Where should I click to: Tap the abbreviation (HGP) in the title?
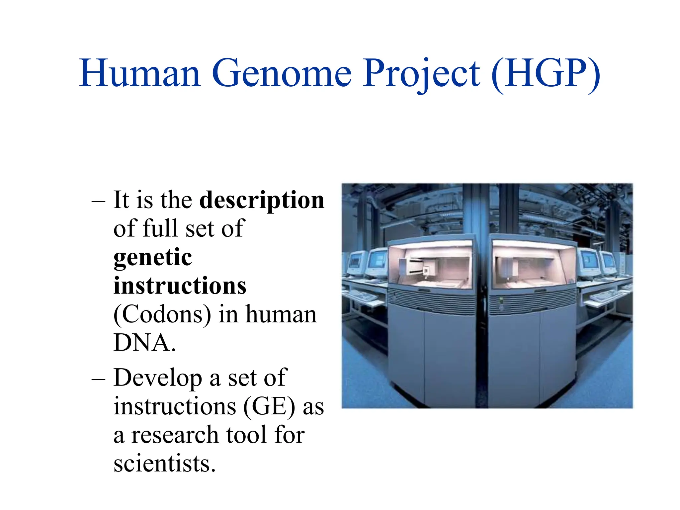point(545,74)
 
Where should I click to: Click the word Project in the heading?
point(421,74)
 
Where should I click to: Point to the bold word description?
point(262,201)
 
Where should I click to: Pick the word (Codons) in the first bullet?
point(162,314)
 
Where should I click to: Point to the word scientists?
point(164,464)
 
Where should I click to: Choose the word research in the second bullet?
point(175,435)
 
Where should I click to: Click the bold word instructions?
point(180,286)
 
